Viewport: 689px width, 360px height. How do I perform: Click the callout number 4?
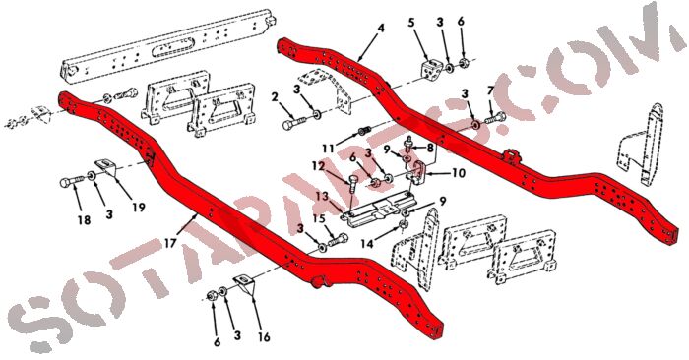point(381,29)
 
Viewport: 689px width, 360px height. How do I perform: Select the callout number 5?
point(411,22)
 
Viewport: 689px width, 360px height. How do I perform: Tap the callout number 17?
point(170,243)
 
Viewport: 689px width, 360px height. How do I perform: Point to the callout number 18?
point(84,220)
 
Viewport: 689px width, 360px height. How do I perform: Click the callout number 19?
point(139,207)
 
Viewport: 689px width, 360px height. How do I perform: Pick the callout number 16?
point(264,336)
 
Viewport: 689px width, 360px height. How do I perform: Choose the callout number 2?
point(275,96)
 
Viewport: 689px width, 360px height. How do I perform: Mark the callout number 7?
point(490,91)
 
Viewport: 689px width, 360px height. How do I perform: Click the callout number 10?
point(459,173)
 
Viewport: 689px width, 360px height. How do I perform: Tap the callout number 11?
point(328,148)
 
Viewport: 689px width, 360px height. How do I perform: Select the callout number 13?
point(322,196)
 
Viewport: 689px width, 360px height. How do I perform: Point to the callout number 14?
point(367,242)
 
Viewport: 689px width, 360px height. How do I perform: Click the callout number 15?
point(319,218)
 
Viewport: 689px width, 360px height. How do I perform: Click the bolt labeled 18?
point(72,181)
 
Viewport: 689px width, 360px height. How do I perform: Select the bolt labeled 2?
point(294,123)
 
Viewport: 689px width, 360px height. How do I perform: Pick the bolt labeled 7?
point(495,118)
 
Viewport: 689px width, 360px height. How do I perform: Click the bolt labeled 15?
point(338,240)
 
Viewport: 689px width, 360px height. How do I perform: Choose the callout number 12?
point(319,166)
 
